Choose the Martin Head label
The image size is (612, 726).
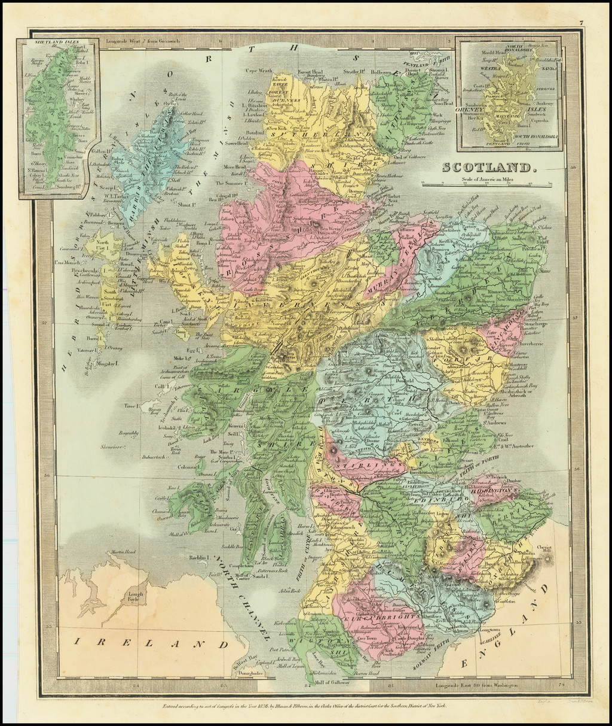(x=123, y=552)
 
